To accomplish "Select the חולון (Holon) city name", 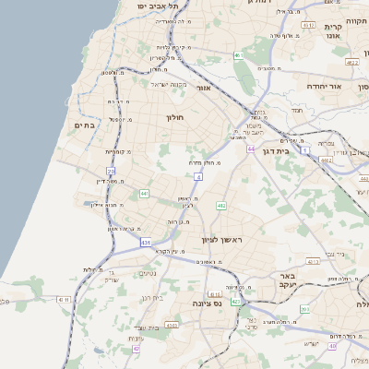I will [176, 117].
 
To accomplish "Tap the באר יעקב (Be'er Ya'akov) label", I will [278, 280].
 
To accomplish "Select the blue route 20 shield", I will [112, 172].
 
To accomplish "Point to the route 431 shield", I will [146, 243].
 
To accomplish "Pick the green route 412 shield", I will [221, 205].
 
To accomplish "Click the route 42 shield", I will [136, 349].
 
